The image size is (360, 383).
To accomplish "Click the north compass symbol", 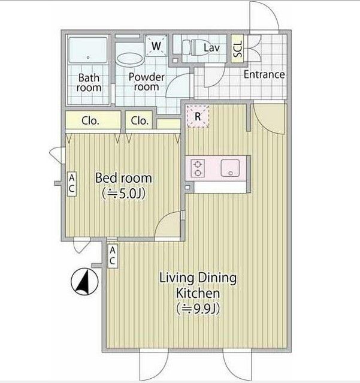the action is click(x=84, y=281).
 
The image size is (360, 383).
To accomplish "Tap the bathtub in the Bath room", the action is click(x=88, y=50).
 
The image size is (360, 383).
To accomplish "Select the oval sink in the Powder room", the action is click(x=130, y=59).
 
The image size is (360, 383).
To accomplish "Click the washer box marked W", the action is click(x=156, y=46).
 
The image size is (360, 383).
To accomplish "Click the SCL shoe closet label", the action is click(x=238, y=49).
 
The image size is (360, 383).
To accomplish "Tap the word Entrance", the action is click(x=264, y=74).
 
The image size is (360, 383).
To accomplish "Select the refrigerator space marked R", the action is click(x=198, y=116).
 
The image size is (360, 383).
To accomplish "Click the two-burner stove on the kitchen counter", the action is click(x=197, y=168).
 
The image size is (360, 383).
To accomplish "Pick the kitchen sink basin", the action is click(x=230, y=168).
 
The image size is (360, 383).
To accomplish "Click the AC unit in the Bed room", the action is click(x=72, y=183).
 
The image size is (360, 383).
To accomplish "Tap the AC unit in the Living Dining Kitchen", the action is click(x=113, y=256).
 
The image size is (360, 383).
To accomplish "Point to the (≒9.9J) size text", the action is click(x=198, y=309).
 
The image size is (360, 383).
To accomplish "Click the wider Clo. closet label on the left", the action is click(x=90, y=120).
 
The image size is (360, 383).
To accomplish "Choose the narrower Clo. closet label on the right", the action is click(x=140, y=120).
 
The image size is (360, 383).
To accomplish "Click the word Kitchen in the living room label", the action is click(x=198, y=293).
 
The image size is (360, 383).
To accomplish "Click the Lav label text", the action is click(x=211, y=48).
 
